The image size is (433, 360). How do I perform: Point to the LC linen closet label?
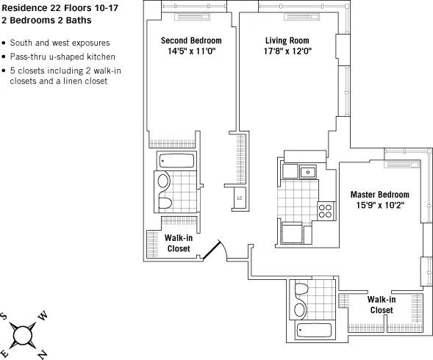coord(240,198)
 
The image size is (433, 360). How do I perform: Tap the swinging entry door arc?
coord(214,252)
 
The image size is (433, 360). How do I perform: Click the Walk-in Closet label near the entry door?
coord(179,243)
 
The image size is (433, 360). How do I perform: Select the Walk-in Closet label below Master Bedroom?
coord(382,305)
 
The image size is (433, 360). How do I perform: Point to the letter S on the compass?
coord(5,317)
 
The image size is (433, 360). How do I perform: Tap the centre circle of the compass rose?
coord(24,335)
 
